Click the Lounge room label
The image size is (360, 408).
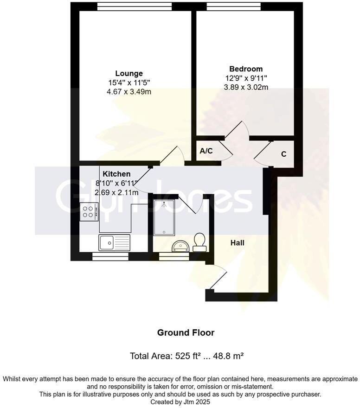click(x=129, y=73)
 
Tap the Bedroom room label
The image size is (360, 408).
click(x=245, y=69)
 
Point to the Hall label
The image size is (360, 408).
click(x=237, y=242)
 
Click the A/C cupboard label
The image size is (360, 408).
click(x=206, y=151)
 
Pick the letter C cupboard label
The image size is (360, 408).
click(x=283, y=154)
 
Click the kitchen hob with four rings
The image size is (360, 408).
click(x=89, y=212)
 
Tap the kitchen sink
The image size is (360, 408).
click(x=107, y=241)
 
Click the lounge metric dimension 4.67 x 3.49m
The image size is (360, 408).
click(x=129, y=92)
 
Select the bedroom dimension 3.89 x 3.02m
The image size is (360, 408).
click(x=245, y=87)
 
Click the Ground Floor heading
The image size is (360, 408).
click(x=186, y=332)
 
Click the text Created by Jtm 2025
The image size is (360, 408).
click(x=180, y=402)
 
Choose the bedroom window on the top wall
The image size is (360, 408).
click(x=233, y=6)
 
